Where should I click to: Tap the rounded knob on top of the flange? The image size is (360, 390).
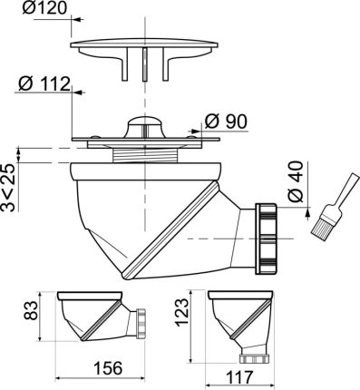[144, 126]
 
